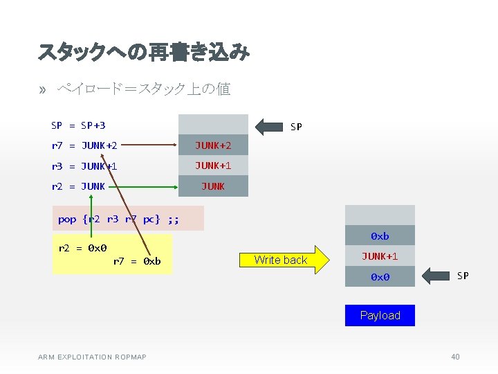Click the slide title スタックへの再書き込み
(x=144, y=52)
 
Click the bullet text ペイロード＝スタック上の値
(x=144, y=89)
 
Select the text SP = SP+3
(x=78, y=125)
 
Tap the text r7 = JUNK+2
(x=84, y=145)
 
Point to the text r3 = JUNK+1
(x=84, y=166)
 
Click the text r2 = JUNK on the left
(x=78, y=186)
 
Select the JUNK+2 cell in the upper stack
(x=213, y=145)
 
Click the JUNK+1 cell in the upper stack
(x=213, y=166)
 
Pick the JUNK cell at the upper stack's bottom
(x=213, y=186)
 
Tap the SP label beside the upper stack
(x=296, y=127)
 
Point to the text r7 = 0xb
(x=137, y=261)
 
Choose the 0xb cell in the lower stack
(x=380, y=236)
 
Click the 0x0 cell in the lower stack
(x=380, y=276)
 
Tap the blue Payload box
(x=380, y=315)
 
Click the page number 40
(x=454, y=357)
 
